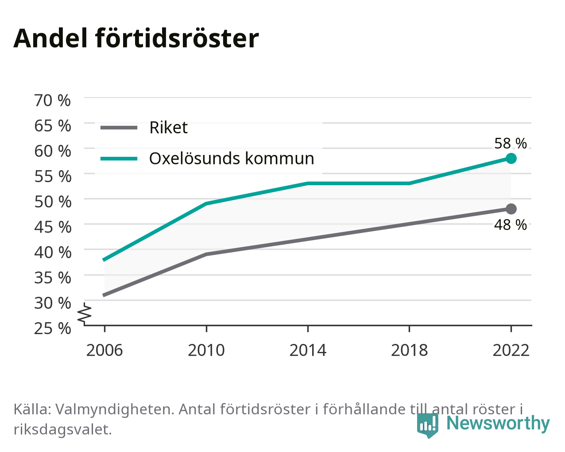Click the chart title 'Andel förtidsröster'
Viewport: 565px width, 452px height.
pyautogui.click(x=136, y=39)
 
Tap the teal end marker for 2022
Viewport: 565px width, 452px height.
pyautogui.click(x=511, y=159)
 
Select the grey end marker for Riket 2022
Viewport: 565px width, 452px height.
pyautogui.click(x=511, y=209)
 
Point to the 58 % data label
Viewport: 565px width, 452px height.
pyautogui.click(x=511, y=144)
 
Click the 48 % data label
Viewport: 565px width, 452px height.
pyautogui.click(x=511, y=225)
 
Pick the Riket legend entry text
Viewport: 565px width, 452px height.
pyautogui.click(x=169, y=128)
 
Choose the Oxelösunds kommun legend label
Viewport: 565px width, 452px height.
pyautogui.click(x=232, y=159)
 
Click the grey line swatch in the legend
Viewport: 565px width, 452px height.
pyautogui.click(x=119, y=128)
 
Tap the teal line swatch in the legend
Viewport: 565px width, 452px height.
pyautogui.click(x=119, y=159)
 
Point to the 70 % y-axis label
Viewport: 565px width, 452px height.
pyautogui.click(x=53, y=101)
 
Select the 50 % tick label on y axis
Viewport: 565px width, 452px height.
pyautogui.click(x=53, y=202)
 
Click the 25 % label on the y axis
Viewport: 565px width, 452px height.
pyautogui.click(x=53, y=328)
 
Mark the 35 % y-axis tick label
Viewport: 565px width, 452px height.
pyautogui.click(x=53, y=278)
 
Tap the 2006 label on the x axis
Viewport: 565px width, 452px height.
pyautogui.click(x=104, y=350)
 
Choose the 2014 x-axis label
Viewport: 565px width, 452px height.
pyautogui.click(x=308, y=350)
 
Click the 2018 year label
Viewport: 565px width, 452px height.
pyautogui.click(x=409, y=350)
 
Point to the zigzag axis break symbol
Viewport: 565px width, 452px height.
pyautogui.click(x=85, y=313)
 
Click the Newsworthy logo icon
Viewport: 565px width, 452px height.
pyautogui.click(x=428, y=425)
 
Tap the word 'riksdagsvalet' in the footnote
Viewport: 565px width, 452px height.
pyautogui.click(x=63, y=430)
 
